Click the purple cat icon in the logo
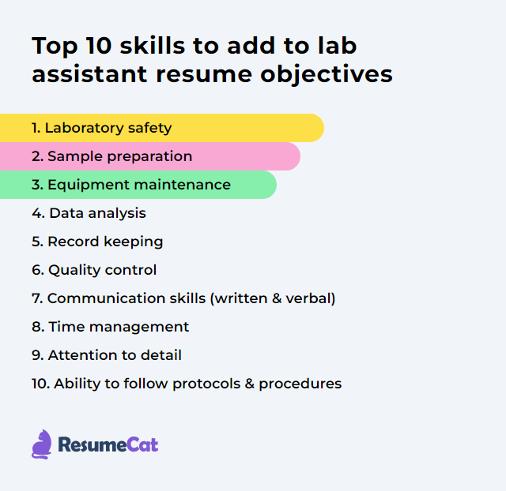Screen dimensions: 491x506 click(x=41, y=444)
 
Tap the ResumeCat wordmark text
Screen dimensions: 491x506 click(x=108, y=445)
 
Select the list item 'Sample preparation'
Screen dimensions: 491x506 click(x=111, y=156)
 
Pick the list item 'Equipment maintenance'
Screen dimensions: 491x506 click(x=131, y=185)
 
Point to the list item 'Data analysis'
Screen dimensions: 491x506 click(x=89, y=213)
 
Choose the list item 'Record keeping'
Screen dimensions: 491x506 click(x=97, y=242)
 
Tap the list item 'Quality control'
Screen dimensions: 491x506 click(x=94, y=270)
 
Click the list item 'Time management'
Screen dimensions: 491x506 click(x=111, y=327)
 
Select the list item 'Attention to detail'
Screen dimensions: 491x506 click(x=107, y=355)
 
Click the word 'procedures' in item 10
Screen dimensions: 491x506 click(x=300, y=384)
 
